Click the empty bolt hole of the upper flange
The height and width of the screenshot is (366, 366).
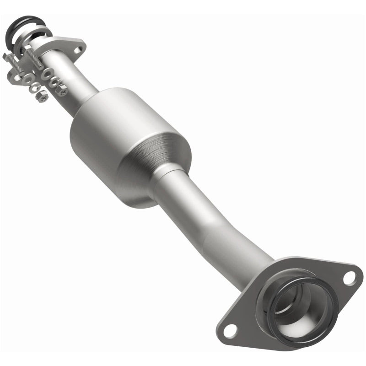pyautogui.click(x=78, y=50)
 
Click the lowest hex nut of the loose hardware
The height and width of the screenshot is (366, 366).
pyautogui.click(x=42, y=96)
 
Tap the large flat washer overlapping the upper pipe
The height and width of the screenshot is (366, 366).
pyautogui.click(x=47, y=74)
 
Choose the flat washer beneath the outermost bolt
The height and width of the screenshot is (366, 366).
pyautogui.click(x=27, y=79)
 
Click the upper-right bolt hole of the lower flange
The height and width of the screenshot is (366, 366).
pyautogui.click(x=349, y=277)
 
